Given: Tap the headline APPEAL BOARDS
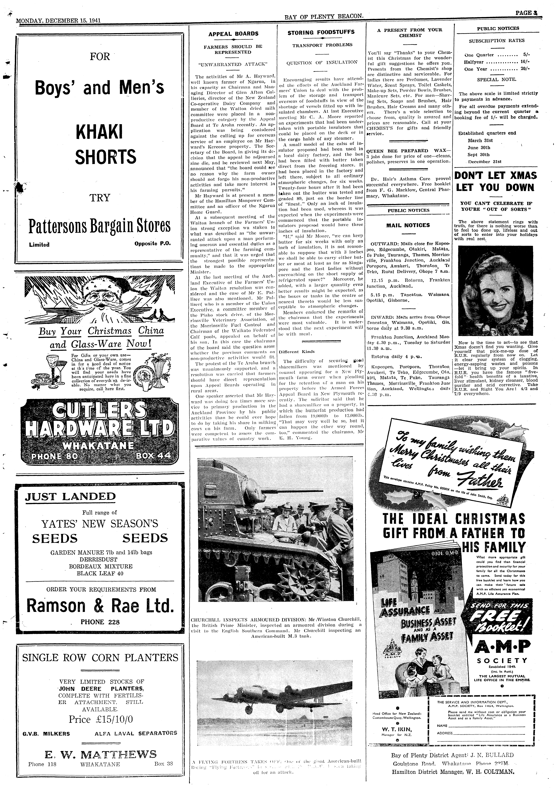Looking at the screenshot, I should tap(233, 34).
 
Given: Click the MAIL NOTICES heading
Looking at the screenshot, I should tap(408, 225).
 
